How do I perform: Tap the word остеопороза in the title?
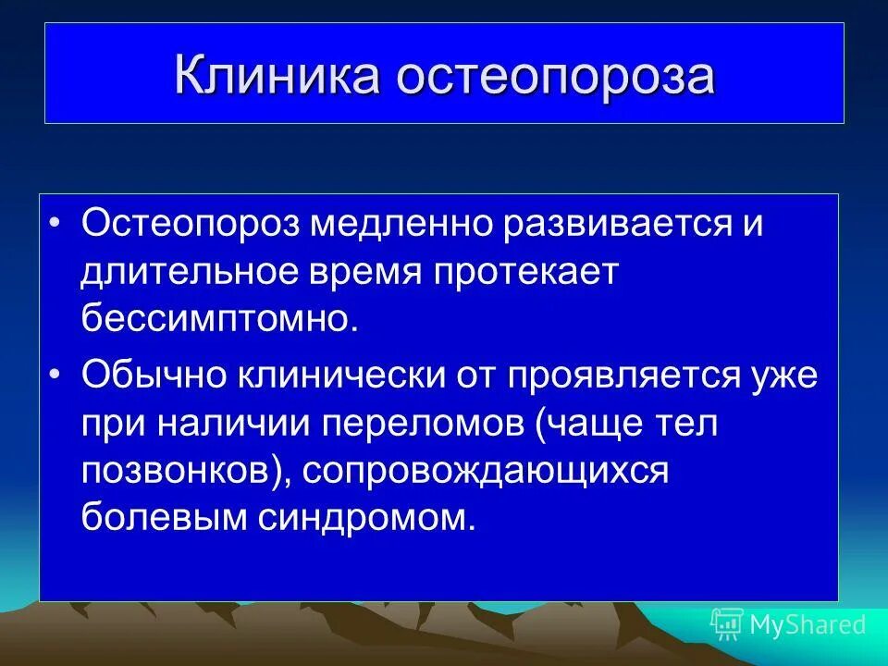pyautogui.click(x=556, y=76)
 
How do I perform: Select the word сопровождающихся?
pyautogui.click(x=482, y=472)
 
